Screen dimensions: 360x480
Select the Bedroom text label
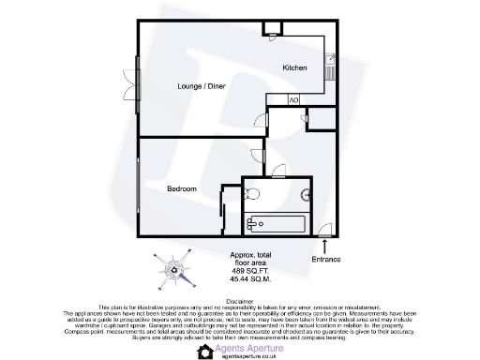pos(182,188)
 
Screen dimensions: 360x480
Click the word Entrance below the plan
pos(326,259)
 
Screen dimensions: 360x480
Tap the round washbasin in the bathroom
pos(314,195)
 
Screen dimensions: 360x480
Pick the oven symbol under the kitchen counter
pos(292,99)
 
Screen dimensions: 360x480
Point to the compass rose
pos(172,271)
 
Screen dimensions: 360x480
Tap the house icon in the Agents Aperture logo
pos(206,351)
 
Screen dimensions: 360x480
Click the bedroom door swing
pos(259,157)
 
